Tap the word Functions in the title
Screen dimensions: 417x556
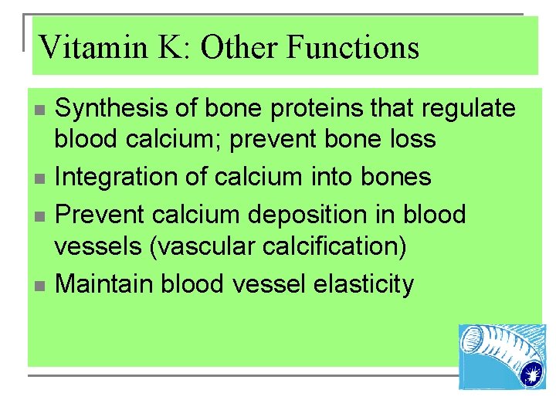353,48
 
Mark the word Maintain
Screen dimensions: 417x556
105,284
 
